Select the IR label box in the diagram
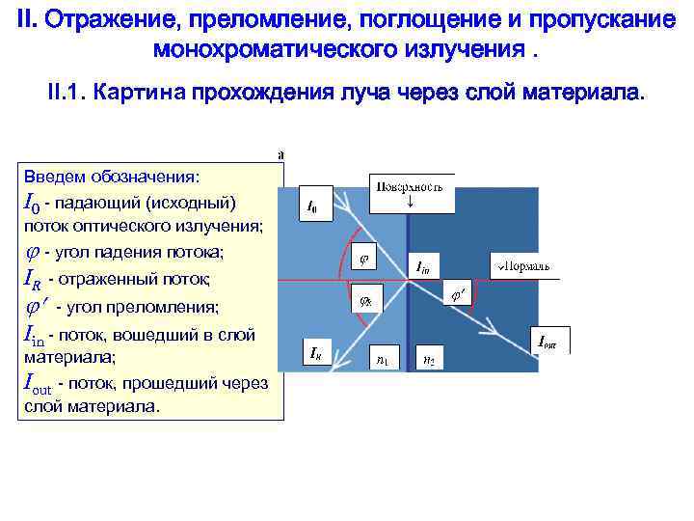(316, 355)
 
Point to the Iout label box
(548, 340)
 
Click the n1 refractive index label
(384, 359)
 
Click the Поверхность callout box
(412, 193)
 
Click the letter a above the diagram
(280, 153)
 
